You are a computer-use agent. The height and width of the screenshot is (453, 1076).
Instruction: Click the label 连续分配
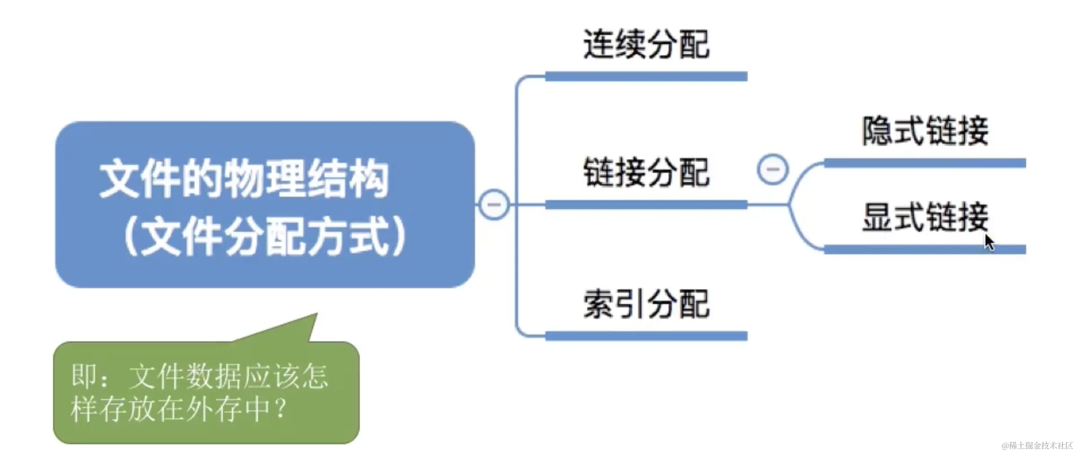tap(646, 44)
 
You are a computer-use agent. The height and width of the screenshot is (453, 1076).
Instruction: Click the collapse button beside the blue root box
tap(494, 205)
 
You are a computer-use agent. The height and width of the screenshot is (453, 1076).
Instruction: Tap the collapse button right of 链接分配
tap(772, 169)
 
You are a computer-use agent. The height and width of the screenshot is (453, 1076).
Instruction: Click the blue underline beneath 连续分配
tap(646, 77)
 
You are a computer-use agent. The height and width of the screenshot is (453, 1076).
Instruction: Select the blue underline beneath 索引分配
tap(646, 336)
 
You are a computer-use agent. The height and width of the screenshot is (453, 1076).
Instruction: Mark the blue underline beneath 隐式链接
tap(925, 163)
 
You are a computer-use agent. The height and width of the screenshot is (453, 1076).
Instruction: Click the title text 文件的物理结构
tap(244, 178)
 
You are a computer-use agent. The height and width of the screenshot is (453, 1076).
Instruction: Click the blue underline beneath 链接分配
tap(646, 205)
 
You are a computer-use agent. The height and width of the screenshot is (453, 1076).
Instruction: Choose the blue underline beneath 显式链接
tap(925, 249)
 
